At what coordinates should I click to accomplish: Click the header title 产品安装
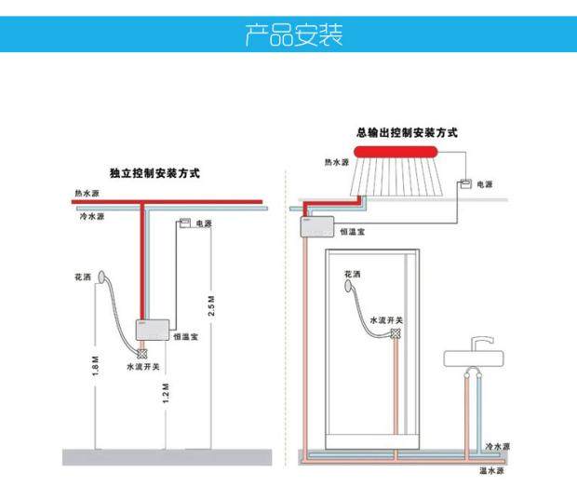pos(292,36)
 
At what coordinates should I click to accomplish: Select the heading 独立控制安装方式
pos(154,173)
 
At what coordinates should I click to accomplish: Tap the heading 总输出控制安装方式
pos(407,133)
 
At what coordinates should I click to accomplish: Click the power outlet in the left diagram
pos(185,223)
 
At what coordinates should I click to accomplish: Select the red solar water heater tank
pos(408,152)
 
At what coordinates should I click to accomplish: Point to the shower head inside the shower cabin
pos(352,288)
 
